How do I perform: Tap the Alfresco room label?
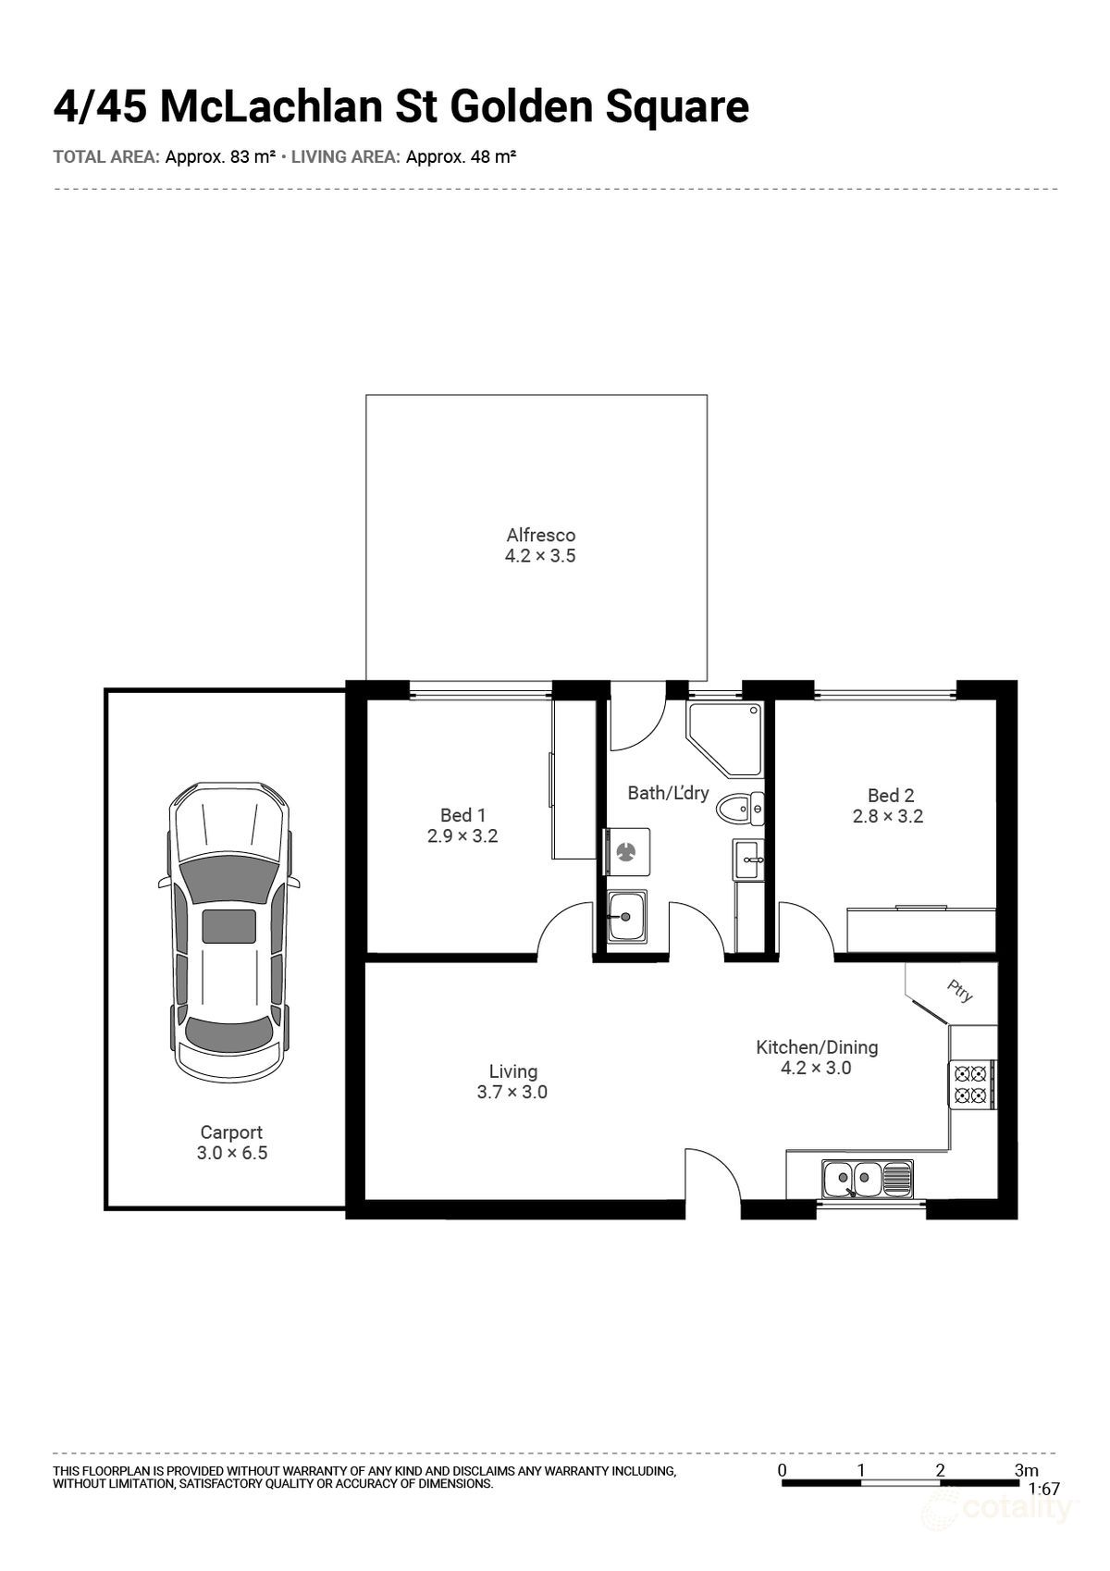click(540, 535)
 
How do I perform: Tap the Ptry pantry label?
click(960, 991)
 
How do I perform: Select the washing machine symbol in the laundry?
click(626, 850)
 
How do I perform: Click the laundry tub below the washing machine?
click(626, 917)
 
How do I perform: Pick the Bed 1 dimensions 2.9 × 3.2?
click(462, 835)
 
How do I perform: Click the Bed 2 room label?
click(890, 795)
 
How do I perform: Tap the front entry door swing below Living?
click(712, 1175)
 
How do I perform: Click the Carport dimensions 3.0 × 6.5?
click(231, 1153)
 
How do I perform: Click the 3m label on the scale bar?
click(1026, 1469)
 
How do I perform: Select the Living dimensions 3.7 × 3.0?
click(512, 1092)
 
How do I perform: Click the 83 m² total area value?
click(252, 157)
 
